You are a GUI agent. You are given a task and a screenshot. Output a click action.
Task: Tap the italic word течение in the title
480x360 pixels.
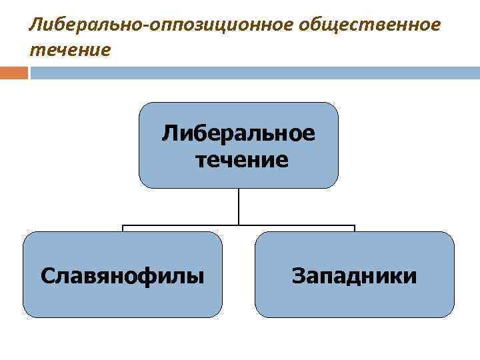[69, 49]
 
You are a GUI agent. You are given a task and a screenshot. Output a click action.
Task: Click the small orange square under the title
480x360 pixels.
[14, 73]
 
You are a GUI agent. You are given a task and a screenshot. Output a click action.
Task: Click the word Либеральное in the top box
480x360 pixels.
[239, 133]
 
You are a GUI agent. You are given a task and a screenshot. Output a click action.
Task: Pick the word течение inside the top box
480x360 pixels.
[242, 160]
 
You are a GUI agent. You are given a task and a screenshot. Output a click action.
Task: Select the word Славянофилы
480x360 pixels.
[122, 275]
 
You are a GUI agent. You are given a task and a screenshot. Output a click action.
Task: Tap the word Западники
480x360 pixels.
[354, 275]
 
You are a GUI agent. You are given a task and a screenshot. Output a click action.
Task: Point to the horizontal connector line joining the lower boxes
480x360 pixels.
[180, 225]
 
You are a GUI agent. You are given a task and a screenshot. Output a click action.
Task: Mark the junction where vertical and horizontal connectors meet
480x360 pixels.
[239, 225]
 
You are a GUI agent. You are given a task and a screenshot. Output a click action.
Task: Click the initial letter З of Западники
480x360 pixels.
[297, 275]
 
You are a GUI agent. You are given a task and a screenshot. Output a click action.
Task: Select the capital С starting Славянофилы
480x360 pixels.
[46, 275]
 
